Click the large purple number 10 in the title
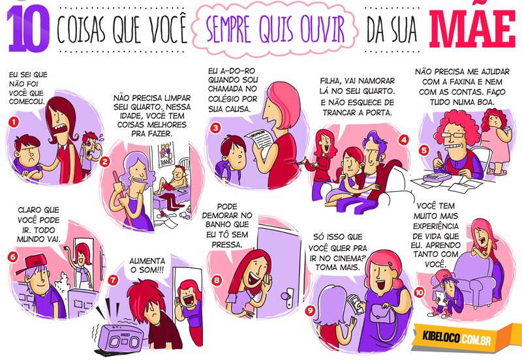point(29,29)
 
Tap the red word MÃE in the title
point(472,27)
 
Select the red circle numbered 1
point(14,122)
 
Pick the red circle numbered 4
point(404,140)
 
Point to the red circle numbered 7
point(113,280)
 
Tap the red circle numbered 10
point(419,292)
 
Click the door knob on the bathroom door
point(286,297)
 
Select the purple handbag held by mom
point(383,321)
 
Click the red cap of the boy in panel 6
point(31,263)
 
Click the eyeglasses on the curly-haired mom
point(455,135)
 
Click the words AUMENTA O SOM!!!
point(147,265)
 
